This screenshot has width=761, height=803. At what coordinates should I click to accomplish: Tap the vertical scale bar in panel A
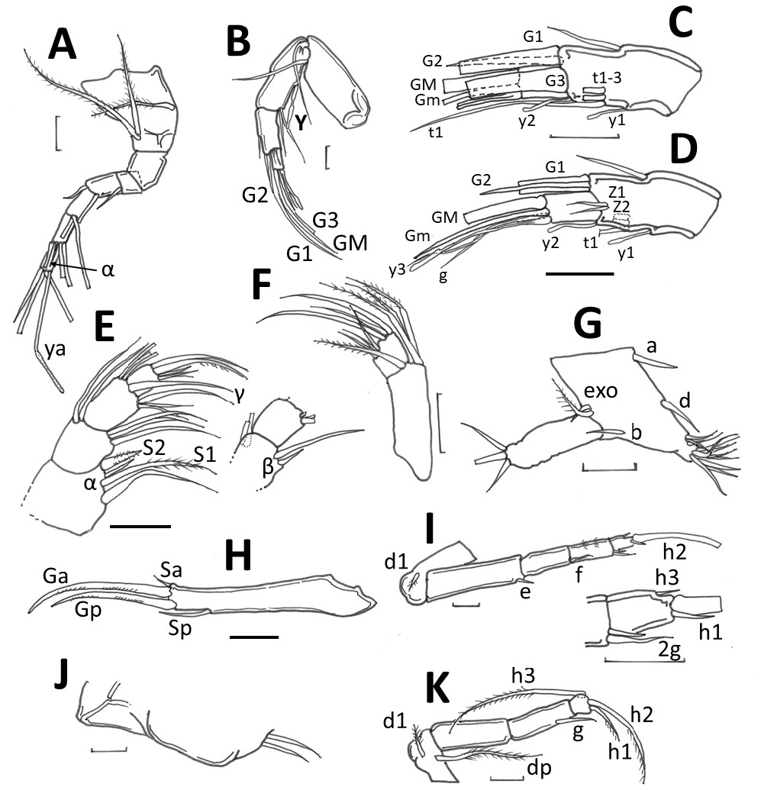57,131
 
